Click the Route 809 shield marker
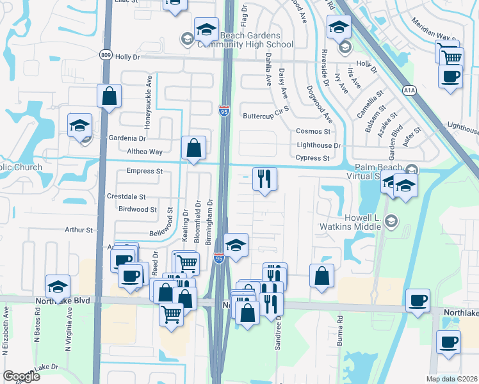click(x=106, y=56)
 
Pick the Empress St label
click(x=145, y=171)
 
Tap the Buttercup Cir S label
click(x=266, y=116)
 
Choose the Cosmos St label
click(x=313, y=131)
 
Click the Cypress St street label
click(x=313, y=158)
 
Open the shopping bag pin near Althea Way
click(x=193, y=148)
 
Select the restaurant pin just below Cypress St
click(x=264, y=180)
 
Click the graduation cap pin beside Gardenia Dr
click(x=80, y=126)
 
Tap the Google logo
click(x=21, y=376)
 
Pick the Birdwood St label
click(x=138, y=209)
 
